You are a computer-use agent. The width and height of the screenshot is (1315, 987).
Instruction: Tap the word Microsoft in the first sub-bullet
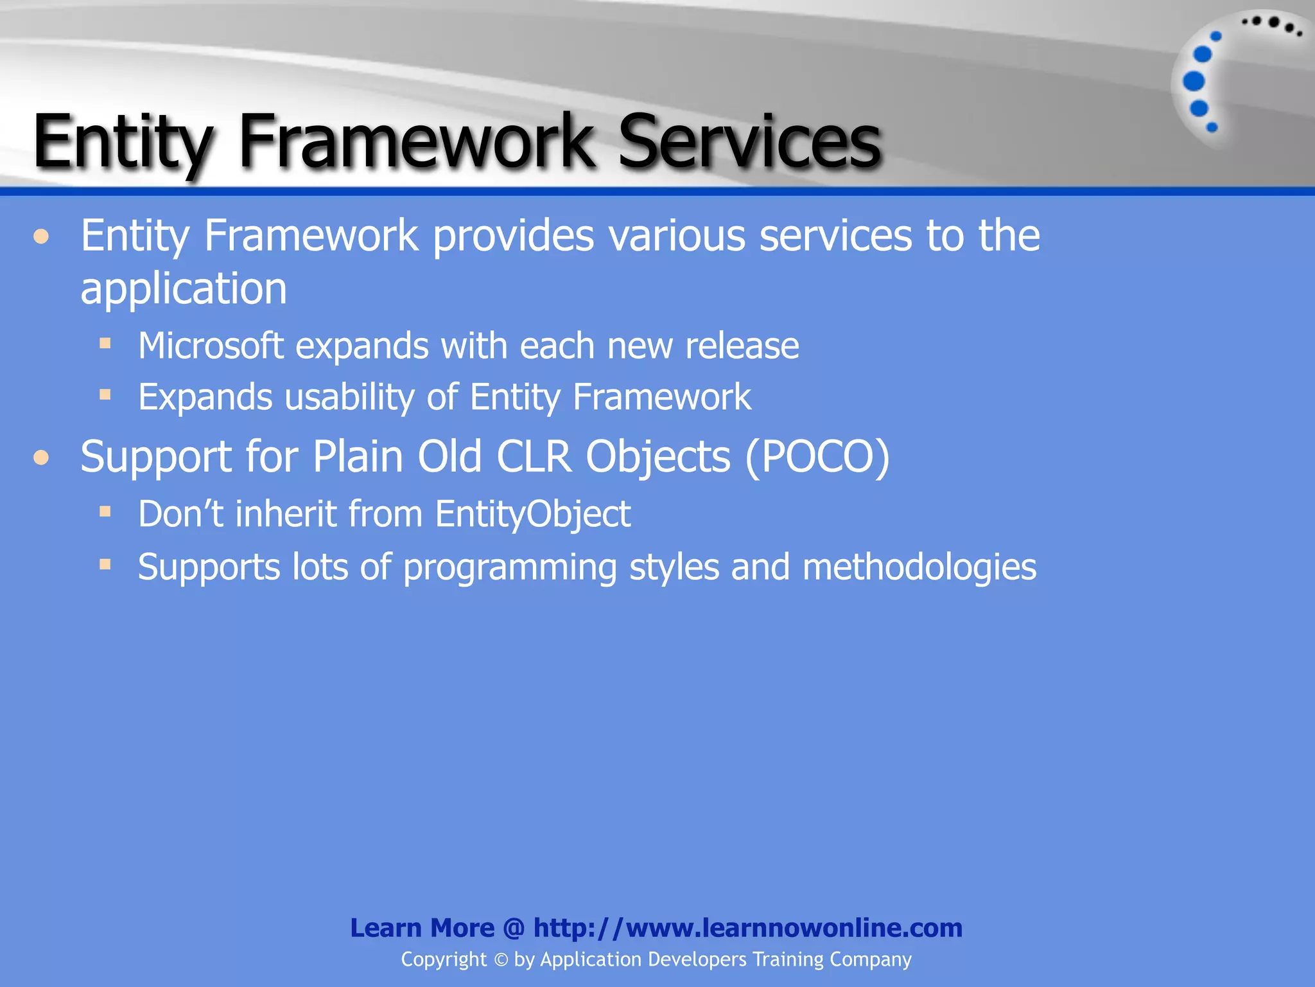211,346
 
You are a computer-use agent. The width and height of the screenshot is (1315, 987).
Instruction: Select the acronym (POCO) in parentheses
817,457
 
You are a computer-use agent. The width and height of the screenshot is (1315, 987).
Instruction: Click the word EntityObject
532,514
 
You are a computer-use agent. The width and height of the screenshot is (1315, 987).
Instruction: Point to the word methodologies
919,567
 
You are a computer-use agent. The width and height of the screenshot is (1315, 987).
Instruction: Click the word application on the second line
184,289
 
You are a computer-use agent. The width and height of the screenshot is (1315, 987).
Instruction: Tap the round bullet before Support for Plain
42,458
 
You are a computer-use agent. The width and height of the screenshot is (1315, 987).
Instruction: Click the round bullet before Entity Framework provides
42,237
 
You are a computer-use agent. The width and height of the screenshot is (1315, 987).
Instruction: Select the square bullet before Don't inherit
105,511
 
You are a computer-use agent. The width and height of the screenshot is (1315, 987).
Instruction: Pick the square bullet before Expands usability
105,394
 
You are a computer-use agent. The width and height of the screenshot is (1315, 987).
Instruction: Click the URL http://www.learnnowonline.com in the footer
747,928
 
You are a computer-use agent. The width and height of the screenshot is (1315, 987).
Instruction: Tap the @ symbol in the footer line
514,928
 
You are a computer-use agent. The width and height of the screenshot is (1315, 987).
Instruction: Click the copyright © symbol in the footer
501,960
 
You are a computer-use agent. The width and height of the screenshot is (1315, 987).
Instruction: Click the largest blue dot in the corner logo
1194,82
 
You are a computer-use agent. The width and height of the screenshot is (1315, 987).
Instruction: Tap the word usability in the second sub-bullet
350,397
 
